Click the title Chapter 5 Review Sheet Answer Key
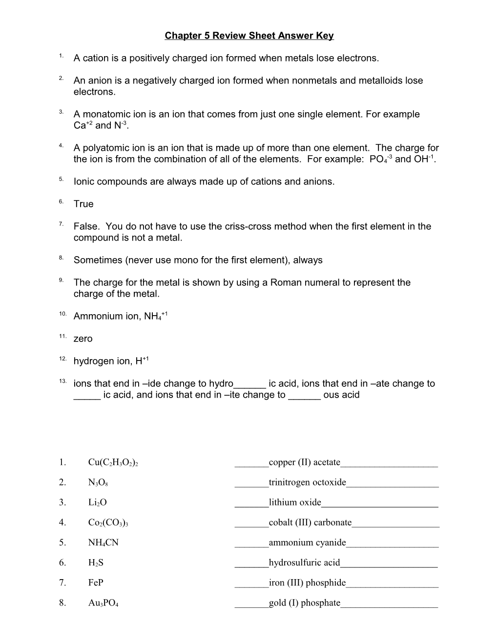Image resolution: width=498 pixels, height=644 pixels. (249, 36)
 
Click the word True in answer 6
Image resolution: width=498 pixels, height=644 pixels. (83, 204)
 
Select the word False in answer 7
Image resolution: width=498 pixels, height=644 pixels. (86, 226)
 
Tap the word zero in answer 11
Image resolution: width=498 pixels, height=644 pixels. (83, 339)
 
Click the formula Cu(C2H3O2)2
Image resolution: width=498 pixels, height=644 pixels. (113, 463)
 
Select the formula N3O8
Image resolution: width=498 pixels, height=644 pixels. (98, 483)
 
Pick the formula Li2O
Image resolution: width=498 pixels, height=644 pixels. (97, 503)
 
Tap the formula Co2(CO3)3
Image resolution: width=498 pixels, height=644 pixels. (108, 523)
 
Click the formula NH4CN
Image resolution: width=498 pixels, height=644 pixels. (103, 543)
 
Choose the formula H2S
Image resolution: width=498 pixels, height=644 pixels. (96, 563)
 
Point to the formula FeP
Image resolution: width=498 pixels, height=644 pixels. (96, 583)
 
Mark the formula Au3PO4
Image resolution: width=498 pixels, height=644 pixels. (103, 603)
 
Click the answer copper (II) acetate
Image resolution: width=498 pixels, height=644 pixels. (304, 462)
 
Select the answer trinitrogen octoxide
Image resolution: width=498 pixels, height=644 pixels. (307, 482)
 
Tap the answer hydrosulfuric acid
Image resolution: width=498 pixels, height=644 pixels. (304, 563)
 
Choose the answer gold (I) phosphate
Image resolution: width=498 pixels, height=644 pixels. (304, 603)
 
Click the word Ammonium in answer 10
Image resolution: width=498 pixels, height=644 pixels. (96, 316)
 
